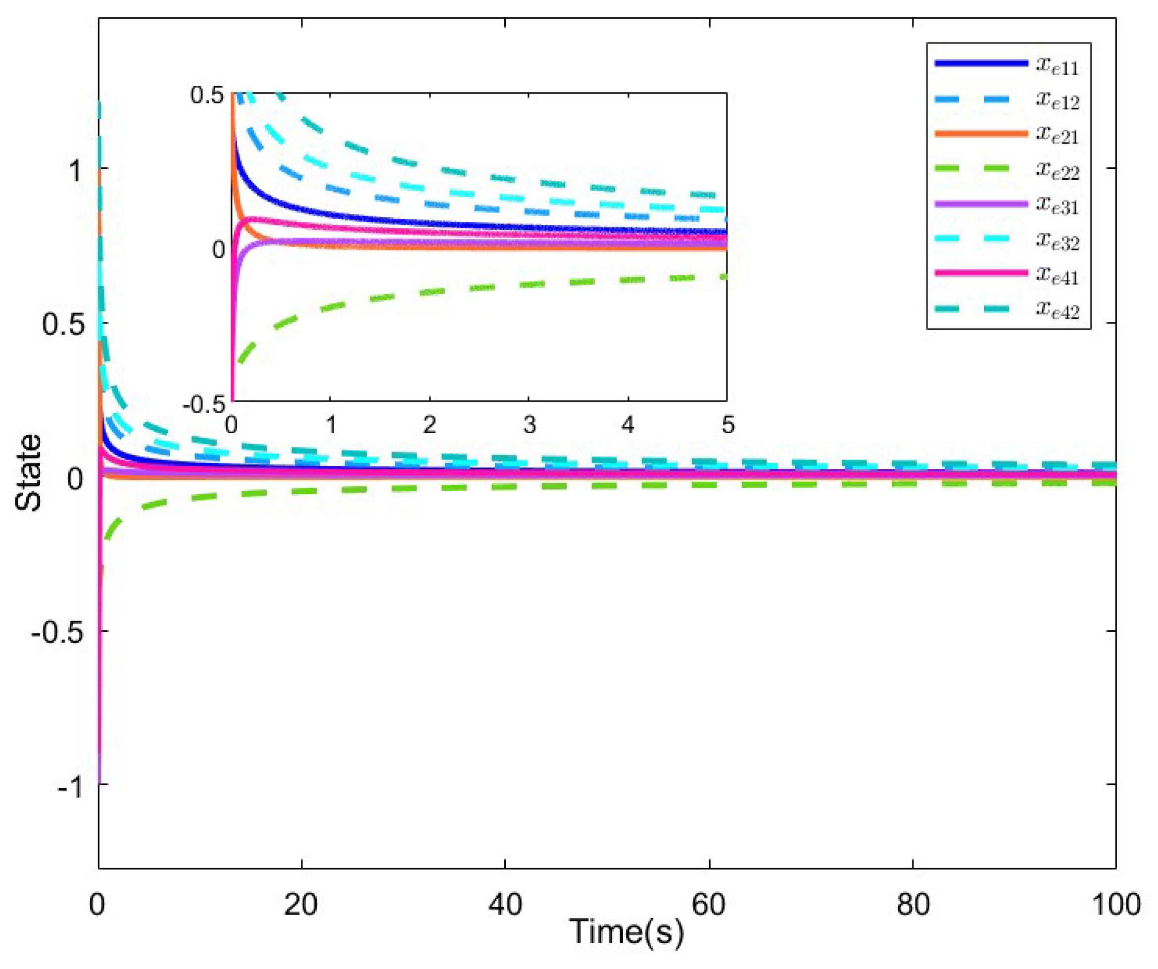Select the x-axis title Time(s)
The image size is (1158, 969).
(x=627, y=932)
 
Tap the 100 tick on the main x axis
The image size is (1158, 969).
(x=1115, y=906)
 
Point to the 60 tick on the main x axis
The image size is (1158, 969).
(x=709, y=906)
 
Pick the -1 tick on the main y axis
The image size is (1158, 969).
(x=71, y=786)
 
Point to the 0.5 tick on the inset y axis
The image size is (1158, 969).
(x=207, y=96)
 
